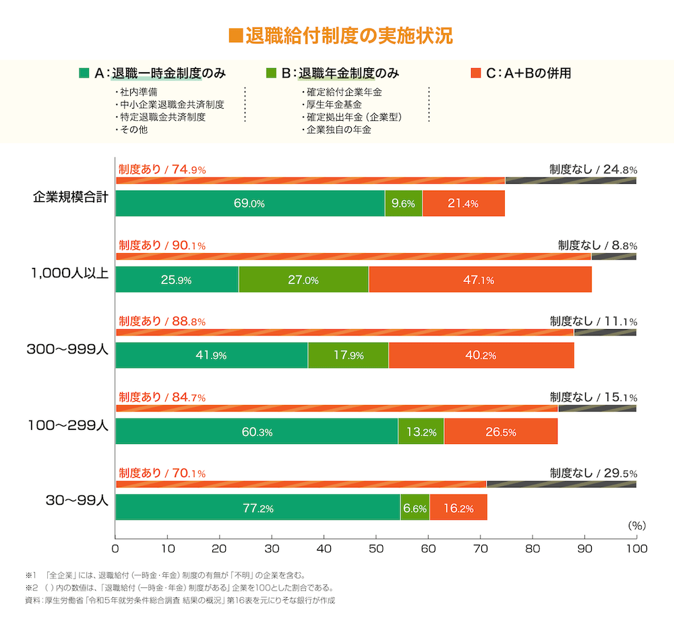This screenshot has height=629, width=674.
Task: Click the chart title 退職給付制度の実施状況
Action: [x=341, y=36]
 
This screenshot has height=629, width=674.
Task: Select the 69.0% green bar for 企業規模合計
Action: [x=250, y=203]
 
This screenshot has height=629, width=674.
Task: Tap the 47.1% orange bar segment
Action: [x=480, y=279]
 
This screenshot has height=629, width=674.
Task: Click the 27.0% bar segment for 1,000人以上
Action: [x=303, y=279]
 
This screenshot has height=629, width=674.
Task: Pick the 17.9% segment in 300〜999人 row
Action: [x=348, y=356]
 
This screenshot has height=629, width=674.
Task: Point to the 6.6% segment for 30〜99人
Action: [x=415, y=508]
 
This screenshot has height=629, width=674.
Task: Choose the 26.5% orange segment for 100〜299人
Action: [x=501, y=431]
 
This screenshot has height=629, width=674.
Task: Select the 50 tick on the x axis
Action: [x=376, y=549]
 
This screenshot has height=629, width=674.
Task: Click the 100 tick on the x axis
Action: [x=636, y=549]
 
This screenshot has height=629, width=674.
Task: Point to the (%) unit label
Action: [x=636, y=524]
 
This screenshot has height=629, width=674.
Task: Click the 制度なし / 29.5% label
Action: [x=593, y=473]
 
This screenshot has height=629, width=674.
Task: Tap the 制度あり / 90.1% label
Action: [x=162, y=246]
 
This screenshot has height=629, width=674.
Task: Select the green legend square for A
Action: [x=84, y=73]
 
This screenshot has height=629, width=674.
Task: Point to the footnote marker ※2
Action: [x=30, y=588]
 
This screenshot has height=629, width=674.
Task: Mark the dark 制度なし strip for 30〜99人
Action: [x=561, y=484]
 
